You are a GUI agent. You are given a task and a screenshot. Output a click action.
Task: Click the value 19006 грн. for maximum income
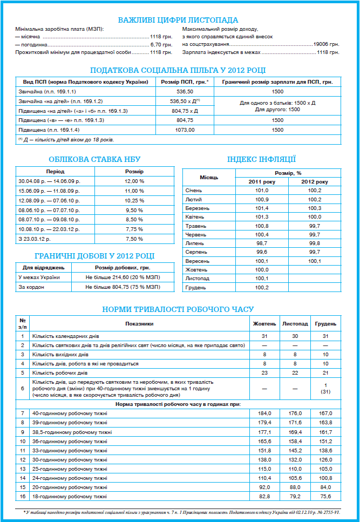pos(326,44)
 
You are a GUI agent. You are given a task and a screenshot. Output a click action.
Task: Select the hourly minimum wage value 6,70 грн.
pos(161,44)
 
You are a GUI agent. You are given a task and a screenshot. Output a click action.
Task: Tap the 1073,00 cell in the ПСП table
pos(185,130)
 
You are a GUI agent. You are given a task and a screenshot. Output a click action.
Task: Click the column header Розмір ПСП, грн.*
pos(185,82)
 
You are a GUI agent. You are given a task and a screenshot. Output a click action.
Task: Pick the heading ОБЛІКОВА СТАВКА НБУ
pos(94,159)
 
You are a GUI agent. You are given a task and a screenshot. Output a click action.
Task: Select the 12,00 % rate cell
pos(134,181)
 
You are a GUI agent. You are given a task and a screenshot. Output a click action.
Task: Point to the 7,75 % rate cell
pos(134,229)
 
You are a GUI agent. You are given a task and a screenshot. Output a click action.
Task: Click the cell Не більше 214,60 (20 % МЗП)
pos(123,277)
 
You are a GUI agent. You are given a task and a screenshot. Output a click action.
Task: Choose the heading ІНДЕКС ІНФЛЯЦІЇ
pos(261,159)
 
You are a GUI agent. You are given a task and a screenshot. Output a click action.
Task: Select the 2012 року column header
pos(315,182)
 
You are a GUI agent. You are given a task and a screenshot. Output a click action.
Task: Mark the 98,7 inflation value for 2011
pos(262,243)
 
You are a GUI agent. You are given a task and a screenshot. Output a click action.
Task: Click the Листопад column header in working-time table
pos(295,324)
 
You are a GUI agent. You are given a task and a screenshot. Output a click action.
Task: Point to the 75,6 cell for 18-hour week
pos(326,496)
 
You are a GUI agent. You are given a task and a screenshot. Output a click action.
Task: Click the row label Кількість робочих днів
pos(60,372)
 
